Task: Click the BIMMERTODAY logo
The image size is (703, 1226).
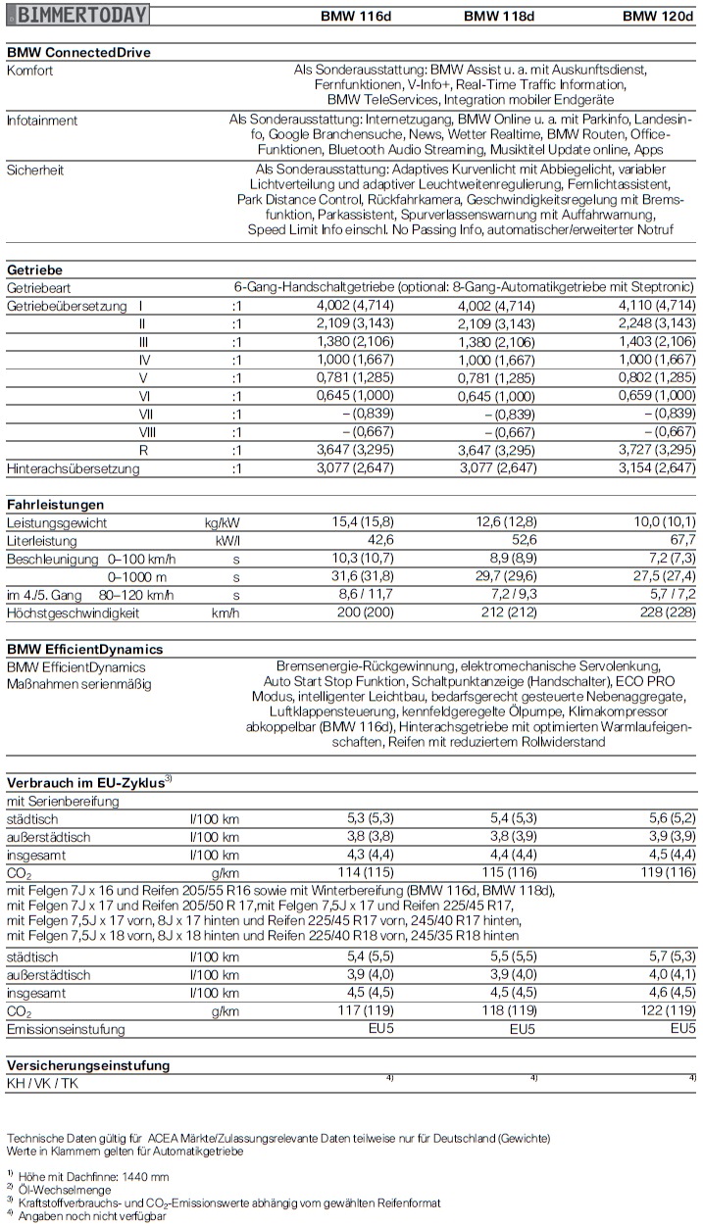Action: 77,15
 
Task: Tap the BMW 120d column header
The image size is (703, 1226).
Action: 659,16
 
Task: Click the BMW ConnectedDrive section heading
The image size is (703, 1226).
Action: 78,53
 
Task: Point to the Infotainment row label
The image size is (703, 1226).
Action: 42,120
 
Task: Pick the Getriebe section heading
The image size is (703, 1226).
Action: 34,270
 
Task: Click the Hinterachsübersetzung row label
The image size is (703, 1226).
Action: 74,468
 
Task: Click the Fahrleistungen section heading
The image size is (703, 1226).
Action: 55,504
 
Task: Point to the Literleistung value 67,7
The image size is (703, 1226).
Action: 682,540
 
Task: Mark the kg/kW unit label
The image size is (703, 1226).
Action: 222,521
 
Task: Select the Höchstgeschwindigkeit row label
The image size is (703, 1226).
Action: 74,613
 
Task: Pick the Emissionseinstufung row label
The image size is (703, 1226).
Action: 66,1029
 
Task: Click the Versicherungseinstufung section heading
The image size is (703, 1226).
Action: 88,1064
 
